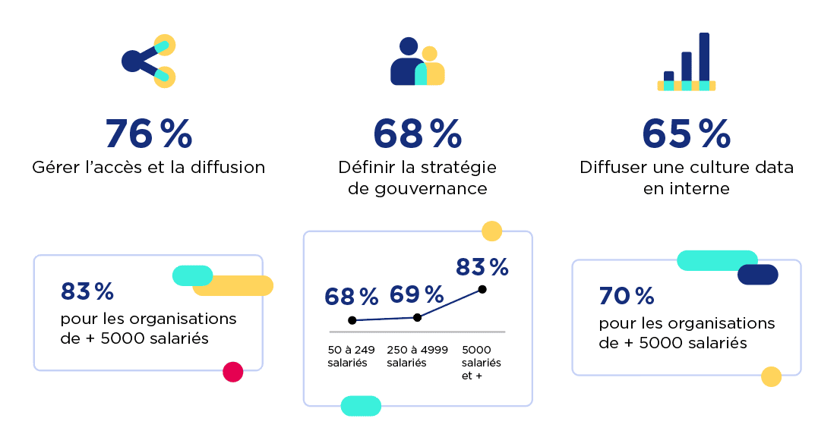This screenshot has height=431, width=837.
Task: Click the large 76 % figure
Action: [x=149, y=134]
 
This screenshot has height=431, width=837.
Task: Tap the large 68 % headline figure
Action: [x=417, y=134]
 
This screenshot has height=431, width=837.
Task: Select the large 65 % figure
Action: [x=686, y=134]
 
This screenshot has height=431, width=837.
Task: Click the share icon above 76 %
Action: [x=149, y=61]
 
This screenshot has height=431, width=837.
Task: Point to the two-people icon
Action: [x=417, y=62]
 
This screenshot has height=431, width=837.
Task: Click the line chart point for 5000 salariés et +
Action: [x=482, y=289]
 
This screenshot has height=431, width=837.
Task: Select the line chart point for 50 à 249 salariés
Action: [x=352, y=320]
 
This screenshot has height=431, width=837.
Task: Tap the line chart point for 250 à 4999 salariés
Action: [x=417, y=317]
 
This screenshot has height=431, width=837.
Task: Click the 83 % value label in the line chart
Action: [x=482, y=267]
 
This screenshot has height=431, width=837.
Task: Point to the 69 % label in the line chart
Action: [x=417, y=295]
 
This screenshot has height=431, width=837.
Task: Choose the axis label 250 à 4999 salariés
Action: [x=417, y=357]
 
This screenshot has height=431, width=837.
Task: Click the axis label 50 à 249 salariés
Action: [x=352, y=357]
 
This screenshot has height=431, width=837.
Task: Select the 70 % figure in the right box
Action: [x=627, y=295]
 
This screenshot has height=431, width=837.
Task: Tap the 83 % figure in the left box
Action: [x=87, y=291]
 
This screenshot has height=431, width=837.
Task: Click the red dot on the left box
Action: [x=233, y=372]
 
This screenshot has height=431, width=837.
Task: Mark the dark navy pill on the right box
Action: [x=757, y=275]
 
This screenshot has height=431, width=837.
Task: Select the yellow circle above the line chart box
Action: [x=492, y=231]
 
